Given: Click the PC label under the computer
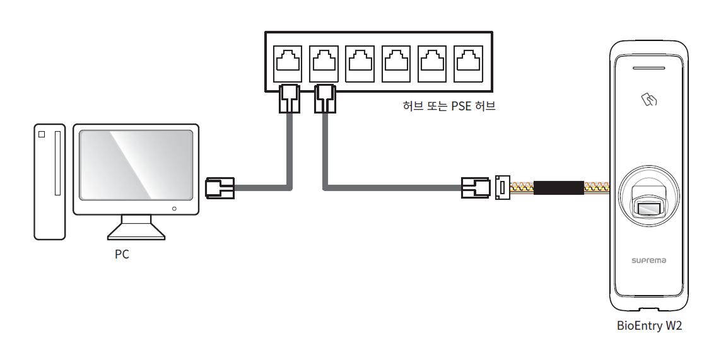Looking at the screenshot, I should pyautogui.click(x=122, y=255).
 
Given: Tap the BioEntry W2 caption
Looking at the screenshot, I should pyautogui.click(x=649, y=326).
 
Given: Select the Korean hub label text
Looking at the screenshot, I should pyautogui.click(x=449, y=106).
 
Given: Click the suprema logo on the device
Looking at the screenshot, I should pyautogui.click(x=649, y=260).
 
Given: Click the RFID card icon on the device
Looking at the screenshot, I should pyautogui.click(x=649, y=99).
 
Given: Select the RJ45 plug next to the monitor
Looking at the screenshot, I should pyautogui.click(x=220, y=187).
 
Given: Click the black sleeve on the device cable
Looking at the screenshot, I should pyautogui.click(x=559, y=187).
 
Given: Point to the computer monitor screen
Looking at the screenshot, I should pyautogui.click(x=136, y=165).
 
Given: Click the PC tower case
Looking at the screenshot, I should pyautogui.click(x=50, y=182).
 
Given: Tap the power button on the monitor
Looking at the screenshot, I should pyautogui.click(x=175, y=208).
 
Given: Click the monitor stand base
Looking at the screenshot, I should pyautogui.click(x=136, y=235).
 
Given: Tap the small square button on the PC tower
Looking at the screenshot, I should pyautogui.click(x=42, y=134).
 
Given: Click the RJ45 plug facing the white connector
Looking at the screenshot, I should pyautogui.click(x=476, y=187).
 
